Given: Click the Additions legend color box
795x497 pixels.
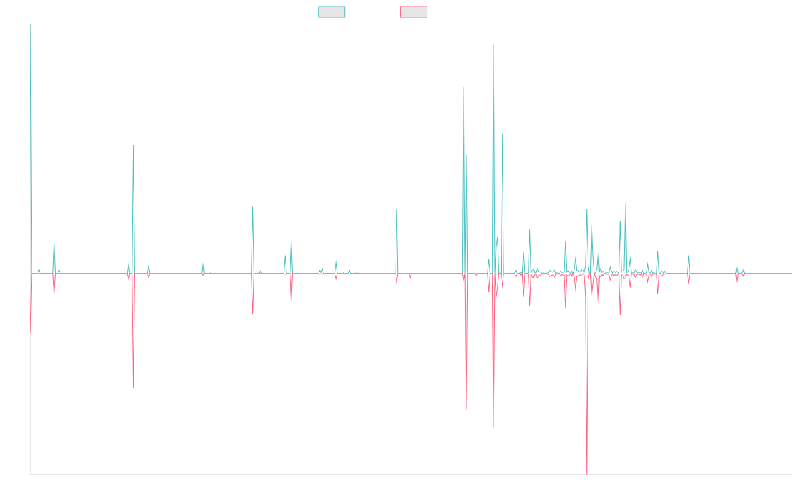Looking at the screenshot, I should [x=332, y=12].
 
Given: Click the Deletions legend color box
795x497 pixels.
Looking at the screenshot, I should [x=414, y=12].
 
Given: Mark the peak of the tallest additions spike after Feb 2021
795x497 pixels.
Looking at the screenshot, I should [x=494, y=44].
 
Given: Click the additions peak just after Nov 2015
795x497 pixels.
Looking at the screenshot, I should [x=134, y=146].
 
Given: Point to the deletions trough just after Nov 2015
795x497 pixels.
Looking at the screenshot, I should [x=134, y=388].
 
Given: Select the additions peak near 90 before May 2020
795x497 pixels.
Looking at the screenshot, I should [x=397, y=209].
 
